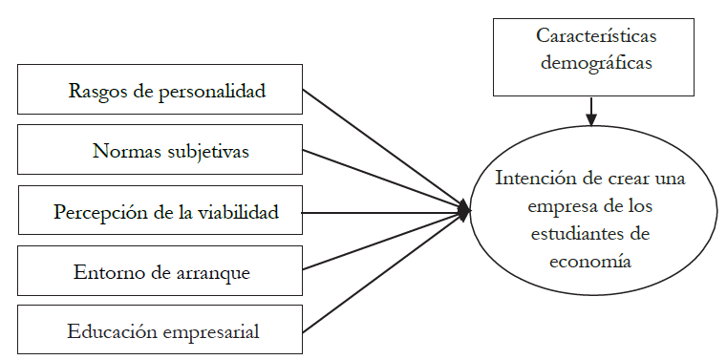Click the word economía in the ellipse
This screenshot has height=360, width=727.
pyautogui.click(x=590, y=259)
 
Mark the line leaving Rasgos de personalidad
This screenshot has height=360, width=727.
pyautogui.click(x=382, y=149)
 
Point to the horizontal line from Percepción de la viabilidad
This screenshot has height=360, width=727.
pyautogui.click(x=382, y=212)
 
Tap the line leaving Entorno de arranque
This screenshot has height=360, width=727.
pyautogui.click(x=382, y=243)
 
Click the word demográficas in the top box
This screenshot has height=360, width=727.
pyautogui.click(x=591, y=64)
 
